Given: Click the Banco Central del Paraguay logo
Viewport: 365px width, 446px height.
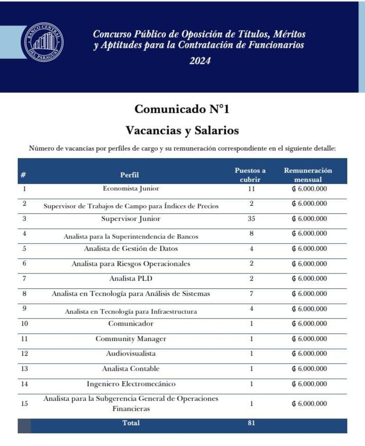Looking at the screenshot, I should (44, 42).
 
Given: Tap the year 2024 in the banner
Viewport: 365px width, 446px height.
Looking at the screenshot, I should (200, 61).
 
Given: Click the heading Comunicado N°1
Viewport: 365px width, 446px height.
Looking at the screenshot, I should (182, 109).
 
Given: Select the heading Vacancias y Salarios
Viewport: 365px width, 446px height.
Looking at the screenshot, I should (182, 130).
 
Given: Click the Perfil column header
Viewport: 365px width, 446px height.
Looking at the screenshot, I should (129, 175).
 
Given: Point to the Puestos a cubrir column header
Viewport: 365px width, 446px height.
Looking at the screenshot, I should (250, 175).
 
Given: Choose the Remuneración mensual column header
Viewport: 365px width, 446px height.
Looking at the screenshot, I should (308, 175).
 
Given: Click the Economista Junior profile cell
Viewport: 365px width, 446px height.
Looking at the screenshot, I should (131, 189).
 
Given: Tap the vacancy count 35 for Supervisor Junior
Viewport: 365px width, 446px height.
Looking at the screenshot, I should (251, 219).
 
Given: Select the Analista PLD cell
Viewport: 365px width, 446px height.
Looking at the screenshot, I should (131, 279).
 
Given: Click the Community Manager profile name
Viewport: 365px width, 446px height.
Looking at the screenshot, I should (131, 339).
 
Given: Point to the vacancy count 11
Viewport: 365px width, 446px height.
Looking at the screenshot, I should (251, 189).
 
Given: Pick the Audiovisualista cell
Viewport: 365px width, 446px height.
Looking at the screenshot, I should (131, 354).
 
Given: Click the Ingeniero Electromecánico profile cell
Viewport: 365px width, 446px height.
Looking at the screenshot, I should (131, 384).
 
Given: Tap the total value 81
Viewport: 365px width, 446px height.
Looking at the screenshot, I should (251, 423).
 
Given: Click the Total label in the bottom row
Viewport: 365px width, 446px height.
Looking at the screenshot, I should (131, 423).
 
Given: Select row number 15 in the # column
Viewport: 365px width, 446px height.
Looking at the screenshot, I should (25, 404).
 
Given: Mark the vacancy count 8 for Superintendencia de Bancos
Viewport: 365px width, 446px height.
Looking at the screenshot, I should (251, 234).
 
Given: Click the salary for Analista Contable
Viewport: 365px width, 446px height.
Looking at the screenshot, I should (309, 369).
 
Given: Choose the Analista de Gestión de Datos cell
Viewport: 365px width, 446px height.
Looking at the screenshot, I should (131, 249).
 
